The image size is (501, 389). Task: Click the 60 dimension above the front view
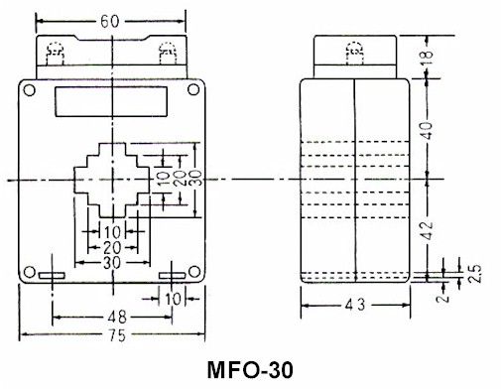[108, 20]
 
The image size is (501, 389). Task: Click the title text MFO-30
[250, 372]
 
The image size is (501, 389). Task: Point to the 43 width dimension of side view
[354, 306]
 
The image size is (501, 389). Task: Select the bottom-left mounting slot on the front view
[53, 274]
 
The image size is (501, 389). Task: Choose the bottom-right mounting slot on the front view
[171, 274]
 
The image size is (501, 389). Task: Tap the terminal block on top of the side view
[354, 54]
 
